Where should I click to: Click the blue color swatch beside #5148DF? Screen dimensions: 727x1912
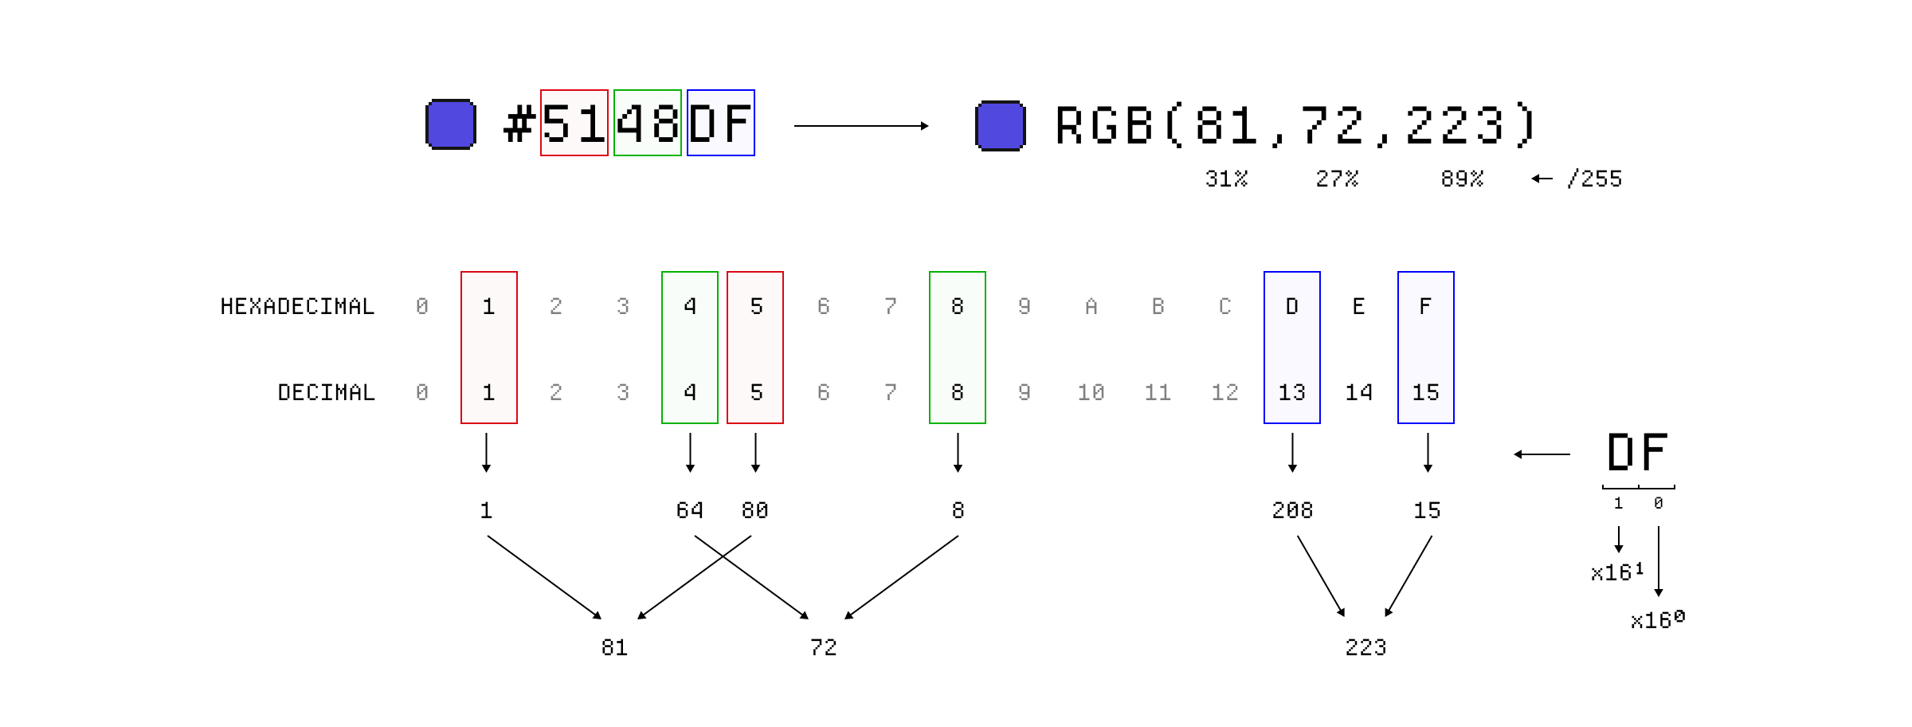451,124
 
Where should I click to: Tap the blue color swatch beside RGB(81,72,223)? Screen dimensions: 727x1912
1000,126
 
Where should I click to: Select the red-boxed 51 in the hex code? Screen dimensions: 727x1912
574,123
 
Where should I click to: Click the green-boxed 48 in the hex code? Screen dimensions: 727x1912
647,123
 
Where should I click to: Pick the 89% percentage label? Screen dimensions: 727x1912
1462,179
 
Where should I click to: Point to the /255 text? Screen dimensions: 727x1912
1594,179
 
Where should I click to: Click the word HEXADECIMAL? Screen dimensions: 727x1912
297,307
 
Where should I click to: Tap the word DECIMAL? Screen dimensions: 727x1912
326,393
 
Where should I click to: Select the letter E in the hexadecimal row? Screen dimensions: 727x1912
1358,307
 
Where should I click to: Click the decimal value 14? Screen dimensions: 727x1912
1358,393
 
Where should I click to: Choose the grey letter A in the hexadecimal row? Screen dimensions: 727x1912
1091,307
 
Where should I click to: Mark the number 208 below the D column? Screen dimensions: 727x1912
1291,510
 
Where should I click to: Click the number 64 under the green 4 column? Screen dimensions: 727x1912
689,510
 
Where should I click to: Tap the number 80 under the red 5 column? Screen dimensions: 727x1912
754,510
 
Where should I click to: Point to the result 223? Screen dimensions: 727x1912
1365,647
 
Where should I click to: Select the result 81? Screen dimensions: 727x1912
614,647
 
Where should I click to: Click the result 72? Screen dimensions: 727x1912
823,647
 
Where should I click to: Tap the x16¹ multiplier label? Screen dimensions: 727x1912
1616,572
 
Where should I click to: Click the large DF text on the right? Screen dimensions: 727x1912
1637,453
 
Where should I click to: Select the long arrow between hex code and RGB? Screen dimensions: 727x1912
860,126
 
